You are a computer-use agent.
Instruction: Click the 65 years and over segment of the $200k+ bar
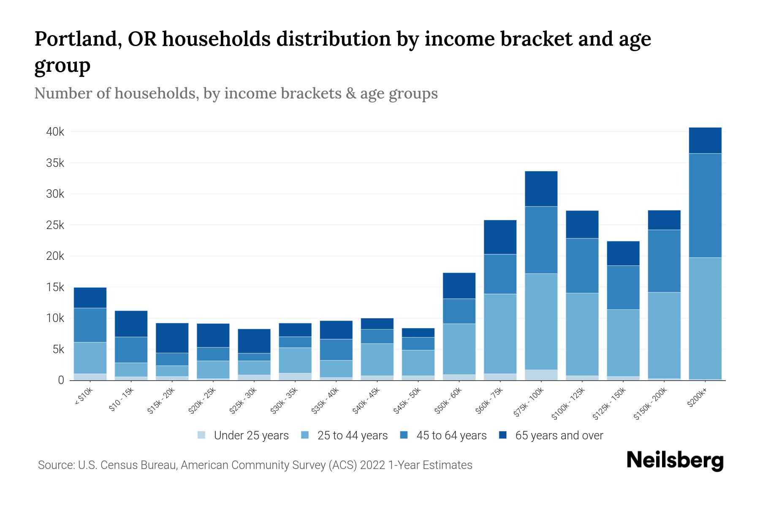[x=705, y=140]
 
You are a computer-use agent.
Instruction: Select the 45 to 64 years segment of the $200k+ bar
[x=705, y=205]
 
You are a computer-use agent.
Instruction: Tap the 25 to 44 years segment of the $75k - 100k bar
[x=541, y=322]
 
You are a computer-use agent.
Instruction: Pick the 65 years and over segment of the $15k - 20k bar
[x=172, y=338]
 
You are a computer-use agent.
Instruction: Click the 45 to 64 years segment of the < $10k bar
[x=90, y=325]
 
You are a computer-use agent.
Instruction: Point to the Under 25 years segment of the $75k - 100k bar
[x=541, y=375]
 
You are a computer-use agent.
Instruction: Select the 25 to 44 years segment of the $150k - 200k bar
[x=664, y=335]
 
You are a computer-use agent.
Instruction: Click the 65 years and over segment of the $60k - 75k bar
[x=500, y=237]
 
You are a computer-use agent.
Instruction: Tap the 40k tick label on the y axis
[x=55, y=132]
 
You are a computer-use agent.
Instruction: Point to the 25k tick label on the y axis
[x=55, y=225]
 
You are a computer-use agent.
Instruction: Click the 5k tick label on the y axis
[x=58, y=349]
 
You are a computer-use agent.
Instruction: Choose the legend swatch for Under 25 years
[x=201, y=435]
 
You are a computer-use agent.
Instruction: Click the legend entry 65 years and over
[x=559, y=435]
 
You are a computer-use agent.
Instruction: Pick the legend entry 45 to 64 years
[x=451, y=435]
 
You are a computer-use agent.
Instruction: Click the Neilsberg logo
[x=675, y=461]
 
